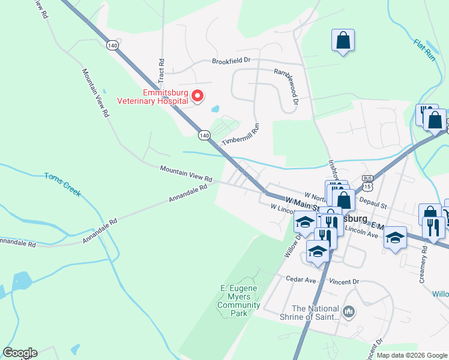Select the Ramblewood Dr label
point(287,83)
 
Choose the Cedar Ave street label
point(301,280)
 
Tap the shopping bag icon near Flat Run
point(343,41)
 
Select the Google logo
point(20,353)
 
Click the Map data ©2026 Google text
point(411,355)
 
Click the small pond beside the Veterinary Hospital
point(215,110)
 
